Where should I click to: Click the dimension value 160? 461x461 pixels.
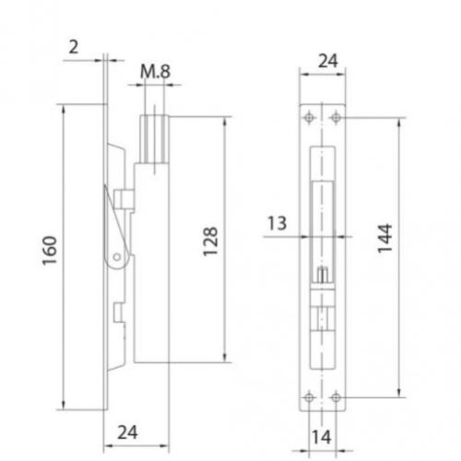pyautogui.click(x=50, y=251)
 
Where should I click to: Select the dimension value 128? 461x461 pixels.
pyautogui.click(x=210, y=242)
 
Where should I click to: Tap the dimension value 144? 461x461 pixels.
pyautogui.click(x=384, y=239)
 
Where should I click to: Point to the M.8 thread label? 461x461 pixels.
pyautogui.click(x=155, y=72)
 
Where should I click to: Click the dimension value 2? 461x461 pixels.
pyautogui.click(x=74, y=47)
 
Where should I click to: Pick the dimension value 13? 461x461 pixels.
pyautogui.click(x=278, y=223)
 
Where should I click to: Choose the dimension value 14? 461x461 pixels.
pyautogui.click(x=322, y=437)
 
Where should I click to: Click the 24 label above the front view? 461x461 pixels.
pyautogui.click(x=328, y=61)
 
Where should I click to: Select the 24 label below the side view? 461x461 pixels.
pyautogui.click(x=127, y=432)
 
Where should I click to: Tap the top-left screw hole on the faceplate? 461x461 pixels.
pyautogui.click(x=309, y=117)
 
